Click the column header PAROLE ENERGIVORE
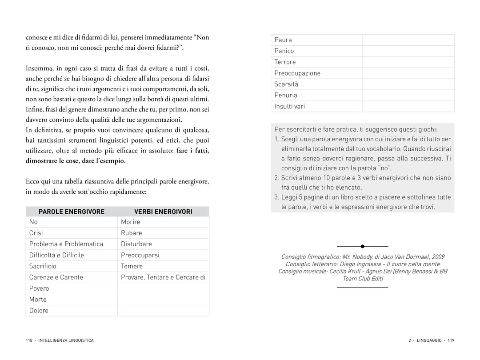72,212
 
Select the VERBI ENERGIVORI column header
163,212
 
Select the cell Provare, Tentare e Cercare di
163,277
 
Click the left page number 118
30,340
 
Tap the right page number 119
451,340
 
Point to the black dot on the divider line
363,246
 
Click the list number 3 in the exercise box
276,197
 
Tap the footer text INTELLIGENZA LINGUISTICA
66,340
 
